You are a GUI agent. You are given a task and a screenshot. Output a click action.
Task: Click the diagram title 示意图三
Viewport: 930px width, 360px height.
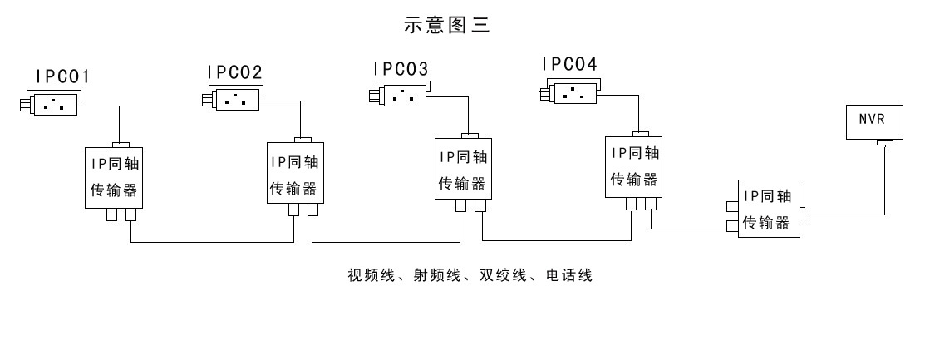click(x=447, y=26)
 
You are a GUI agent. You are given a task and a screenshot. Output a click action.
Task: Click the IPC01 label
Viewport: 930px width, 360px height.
click(x=62, y=76)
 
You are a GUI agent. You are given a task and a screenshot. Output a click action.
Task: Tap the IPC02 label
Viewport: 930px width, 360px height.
click(x=235, y=72)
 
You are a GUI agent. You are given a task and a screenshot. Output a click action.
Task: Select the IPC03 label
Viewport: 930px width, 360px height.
click(x=401, y=68)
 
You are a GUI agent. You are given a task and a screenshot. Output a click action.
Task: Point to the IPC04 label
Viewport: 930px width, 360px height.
click(x=569, y=63)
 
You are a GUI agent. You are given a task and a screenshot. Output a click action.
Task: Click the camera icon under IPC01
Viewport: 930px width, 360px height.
click(x=51, y=104)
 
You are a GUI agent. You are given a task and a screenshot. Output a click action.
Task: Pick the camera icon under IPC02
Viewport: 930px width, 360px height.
click(x=234, y=101)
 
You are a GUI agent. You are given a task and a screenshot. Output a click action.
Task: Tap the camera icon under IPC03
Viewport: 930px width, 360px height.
click(x=400, y=96)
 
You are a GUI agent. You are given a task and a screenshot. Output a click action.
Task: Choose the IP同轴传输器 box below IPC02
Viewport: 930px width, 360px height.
click(x=295, y=175)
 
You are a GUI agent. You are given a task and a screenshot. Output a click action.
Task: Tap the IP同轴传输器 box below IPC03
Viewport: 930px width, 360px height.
click(x=463, y=169)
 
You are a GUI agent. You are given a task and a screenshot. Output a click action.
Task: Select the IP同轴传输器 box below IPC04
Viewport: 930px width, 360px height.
click(x=635, y=165)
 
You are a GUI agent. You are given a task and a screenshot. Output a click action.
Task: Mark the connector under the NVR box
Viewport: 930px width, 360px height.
click(x=883, y=145)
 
